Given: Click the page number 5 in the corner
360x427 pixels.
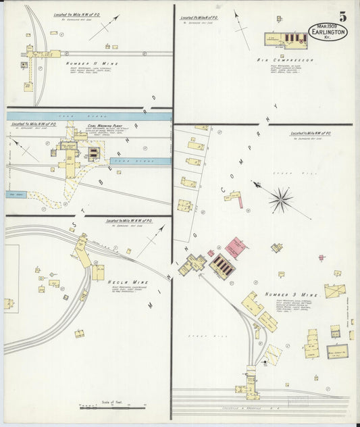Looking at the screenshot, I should pyautogui.click(x=344, y=16).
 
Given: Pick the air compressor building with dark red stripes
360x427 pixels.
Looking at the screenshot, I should pyautogui.click(x=294, y=38).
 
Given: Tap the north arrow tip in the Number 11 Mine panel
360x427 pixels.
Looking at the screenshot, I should pyautogui.click(x=118, y=17).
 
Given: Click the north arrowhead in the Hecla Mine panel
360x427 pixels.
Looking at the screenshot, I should pyautogui.click(x=163, y=228).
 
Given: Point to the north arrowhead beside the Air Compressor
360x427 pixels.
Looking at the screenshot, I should pyautogui.click(x=236, y=11).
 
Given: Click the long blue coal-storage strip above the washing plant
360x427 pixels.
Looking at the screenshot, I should pyautogui.click(x=88, y=116).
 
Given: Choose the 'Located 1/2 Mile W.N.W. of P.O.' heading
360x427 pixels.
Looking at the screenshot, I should pyautogui.click(x=129, y=221).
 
